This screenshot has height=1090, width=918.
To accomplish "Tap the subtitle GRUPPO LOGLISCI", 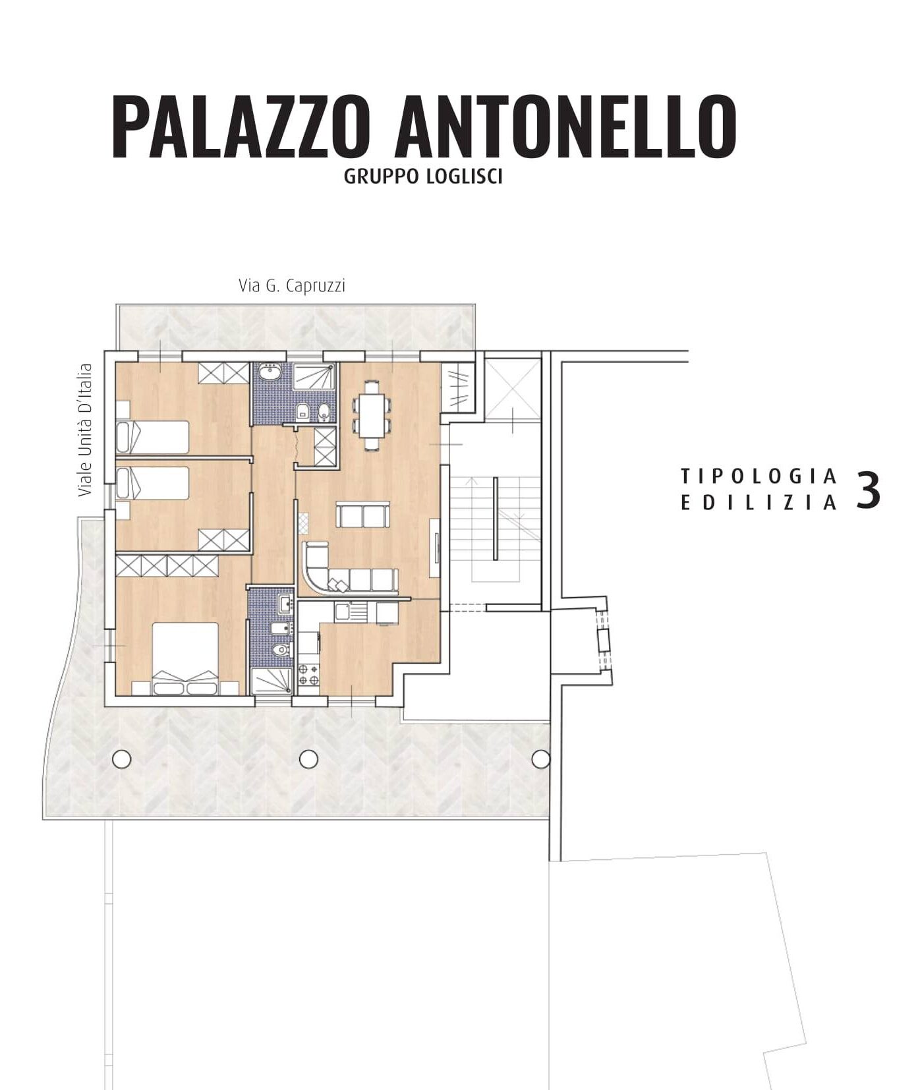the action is pyautogui.click(x=423, y=177).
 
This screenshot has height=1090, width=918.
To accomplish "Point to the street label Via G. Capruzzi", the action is pyautogui.click(x=292, y=286).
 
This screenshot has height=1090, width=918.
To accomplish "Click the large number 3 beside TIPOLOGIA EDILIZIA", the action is pyautogui.click(x=868, y=490).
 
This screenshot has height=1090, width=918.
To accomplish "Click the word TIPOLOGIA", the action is pyautogui.click(x=759, y=475).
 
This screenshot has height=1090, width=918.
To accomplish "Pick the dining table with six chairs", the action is pyautogui.click(x=372, y=415).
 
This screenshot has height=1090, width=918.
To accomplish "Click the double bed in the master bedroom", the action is pyautogui.click(x=186, y=659).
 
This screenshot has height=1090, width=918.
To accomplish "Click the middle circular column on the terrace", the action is pyautogui.click(x=308, y=759).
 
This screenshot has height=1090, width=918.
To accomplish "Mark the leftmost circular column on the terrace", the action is pyautogui.click(x=121, y=759).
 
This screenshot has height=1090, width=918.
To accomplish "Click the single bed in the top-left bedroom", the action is pyautogui.click(x=152, y=437).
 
